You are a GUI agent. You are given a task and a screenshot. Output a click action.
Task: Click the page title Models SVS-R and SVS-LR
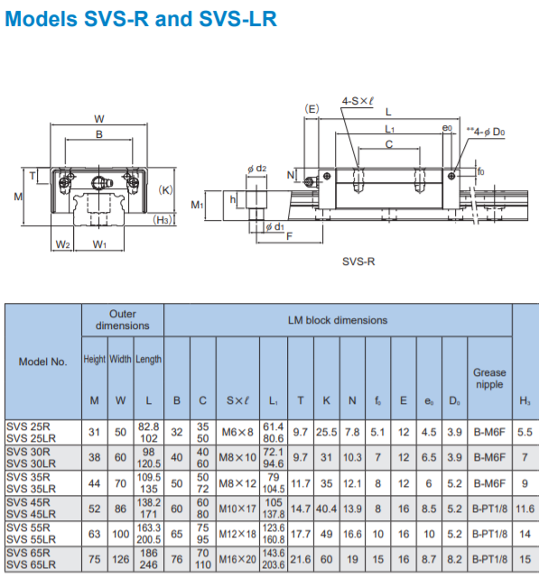[141, 19]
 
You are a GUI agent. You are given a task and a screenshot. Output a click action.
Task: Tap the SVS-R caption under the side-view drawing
[358, 261]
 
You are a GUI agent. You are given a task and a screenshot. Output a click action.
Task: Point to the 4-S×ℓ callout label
[358, 101]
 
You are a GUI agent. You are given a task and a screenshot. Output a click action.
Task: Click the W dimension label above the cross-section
[99, 119]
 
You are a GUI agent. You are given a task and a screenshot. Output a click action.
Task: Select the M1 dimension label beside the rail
[197, 205]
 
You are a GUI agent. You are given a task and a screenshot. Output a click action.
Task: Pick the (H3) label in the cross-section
[163, 220]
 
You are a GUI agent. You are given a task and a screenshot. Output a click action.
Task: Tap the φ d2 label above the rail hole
[256, 169]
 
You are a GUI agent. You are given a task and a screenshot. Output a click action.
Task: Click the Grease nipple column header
[489, 379]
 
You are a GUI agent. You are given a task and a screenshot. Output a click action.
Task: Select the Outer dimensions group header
[123, 320]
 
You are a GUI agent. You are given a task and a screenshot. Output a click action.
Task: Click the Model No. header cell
[43, 362]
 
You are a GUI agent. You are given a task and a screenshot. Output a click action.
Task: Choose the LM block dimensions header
[338, 320]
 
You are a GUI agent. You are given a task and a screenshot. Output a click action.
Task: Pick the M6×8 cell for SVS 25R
[237, 432]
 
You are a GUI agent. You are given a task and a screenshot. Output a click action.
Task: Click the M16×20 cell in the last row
[237, 559]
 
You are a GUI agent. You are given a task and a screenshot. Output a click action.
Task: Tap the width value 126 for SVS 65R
[121, 559]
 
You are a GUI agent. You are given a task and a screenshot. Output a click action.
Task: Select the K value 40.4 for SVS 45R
[327, 508]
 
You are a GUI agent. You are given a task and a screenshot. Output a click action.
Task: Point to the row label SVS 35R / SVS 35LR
[32, 483]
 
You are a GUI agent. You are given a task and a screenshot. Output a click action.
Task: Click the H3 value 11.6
[525, 508]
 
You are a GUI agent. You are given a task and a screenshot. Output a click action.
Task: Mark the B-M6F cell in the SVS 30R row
[489, 457]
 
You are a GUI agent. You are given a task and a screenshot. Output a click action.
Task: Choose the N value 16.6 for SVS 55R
[353, 534]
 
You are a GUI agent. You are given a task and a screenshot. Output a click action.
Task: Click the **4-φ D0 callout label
[486, 132]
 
